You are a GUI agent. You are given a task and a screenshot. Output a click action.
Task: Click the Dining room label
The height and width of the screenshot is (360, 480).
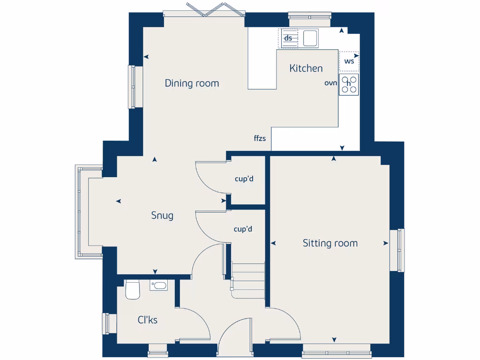(x=192, y=83)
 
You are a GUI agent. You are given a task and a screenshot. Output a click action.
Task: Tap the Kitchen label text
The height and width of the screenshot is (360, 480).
(x=306, y=68)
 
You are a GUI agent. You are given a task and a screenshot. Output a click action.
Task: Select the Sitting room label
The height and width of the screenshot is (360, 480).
(x=330, y=243)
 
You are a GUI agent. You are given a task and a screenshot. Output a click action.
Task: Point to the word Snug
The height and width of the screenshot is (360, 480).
(x=162, y=216)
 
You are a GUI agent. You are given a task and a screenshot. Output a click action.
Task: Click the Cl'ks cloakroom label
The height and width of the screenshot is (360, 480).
(x=147, y=320)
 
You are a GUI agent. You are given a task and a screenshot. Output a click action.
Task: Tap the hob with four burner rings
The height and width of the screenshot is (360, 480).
(x=349, y=84)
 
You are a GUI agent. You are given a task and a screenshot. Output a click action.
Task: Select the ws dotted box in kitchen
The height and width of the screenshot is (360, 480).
(x=349, y=61)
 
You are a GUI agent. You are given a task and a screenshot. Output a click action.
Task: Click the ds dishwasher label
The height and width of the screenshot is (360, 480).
(x=288, y=38)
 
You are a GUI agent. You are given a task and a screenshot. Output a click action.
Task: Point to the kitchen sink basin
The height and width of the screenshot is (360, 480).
(x=310, y=38)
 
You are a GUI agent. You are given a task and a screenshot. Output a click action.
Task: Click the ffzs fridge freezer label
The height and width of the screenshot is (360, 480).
(x=260, y=138)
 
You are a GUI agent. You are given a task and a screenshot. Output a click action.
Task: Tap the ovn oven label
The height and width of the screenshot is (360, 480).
(x=331, y=82)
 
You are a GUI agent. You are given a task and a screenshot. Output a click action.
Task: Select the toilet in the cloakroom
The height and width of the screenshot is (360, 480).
(x=132, y=290)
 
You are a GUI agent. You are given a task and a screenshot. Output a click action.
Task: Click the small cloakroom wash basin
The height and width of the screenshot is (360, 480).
(x=158, y=285)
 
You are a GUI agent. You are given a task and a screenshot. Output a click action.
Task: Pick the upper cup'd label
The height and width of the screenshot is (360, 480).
(x=244, y=179)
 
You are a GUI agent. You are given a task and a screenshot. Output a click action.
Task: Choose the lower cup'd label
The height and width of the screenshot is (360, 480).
(x=243, y=229)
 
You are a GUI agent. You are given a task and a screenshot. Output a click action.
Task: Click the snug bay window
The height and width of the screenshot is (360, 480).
(x=82, y=211)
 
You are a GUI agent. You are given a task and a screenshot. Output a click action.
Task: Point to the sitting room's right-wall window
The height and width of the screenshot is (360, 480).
(x=400, y=250)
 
